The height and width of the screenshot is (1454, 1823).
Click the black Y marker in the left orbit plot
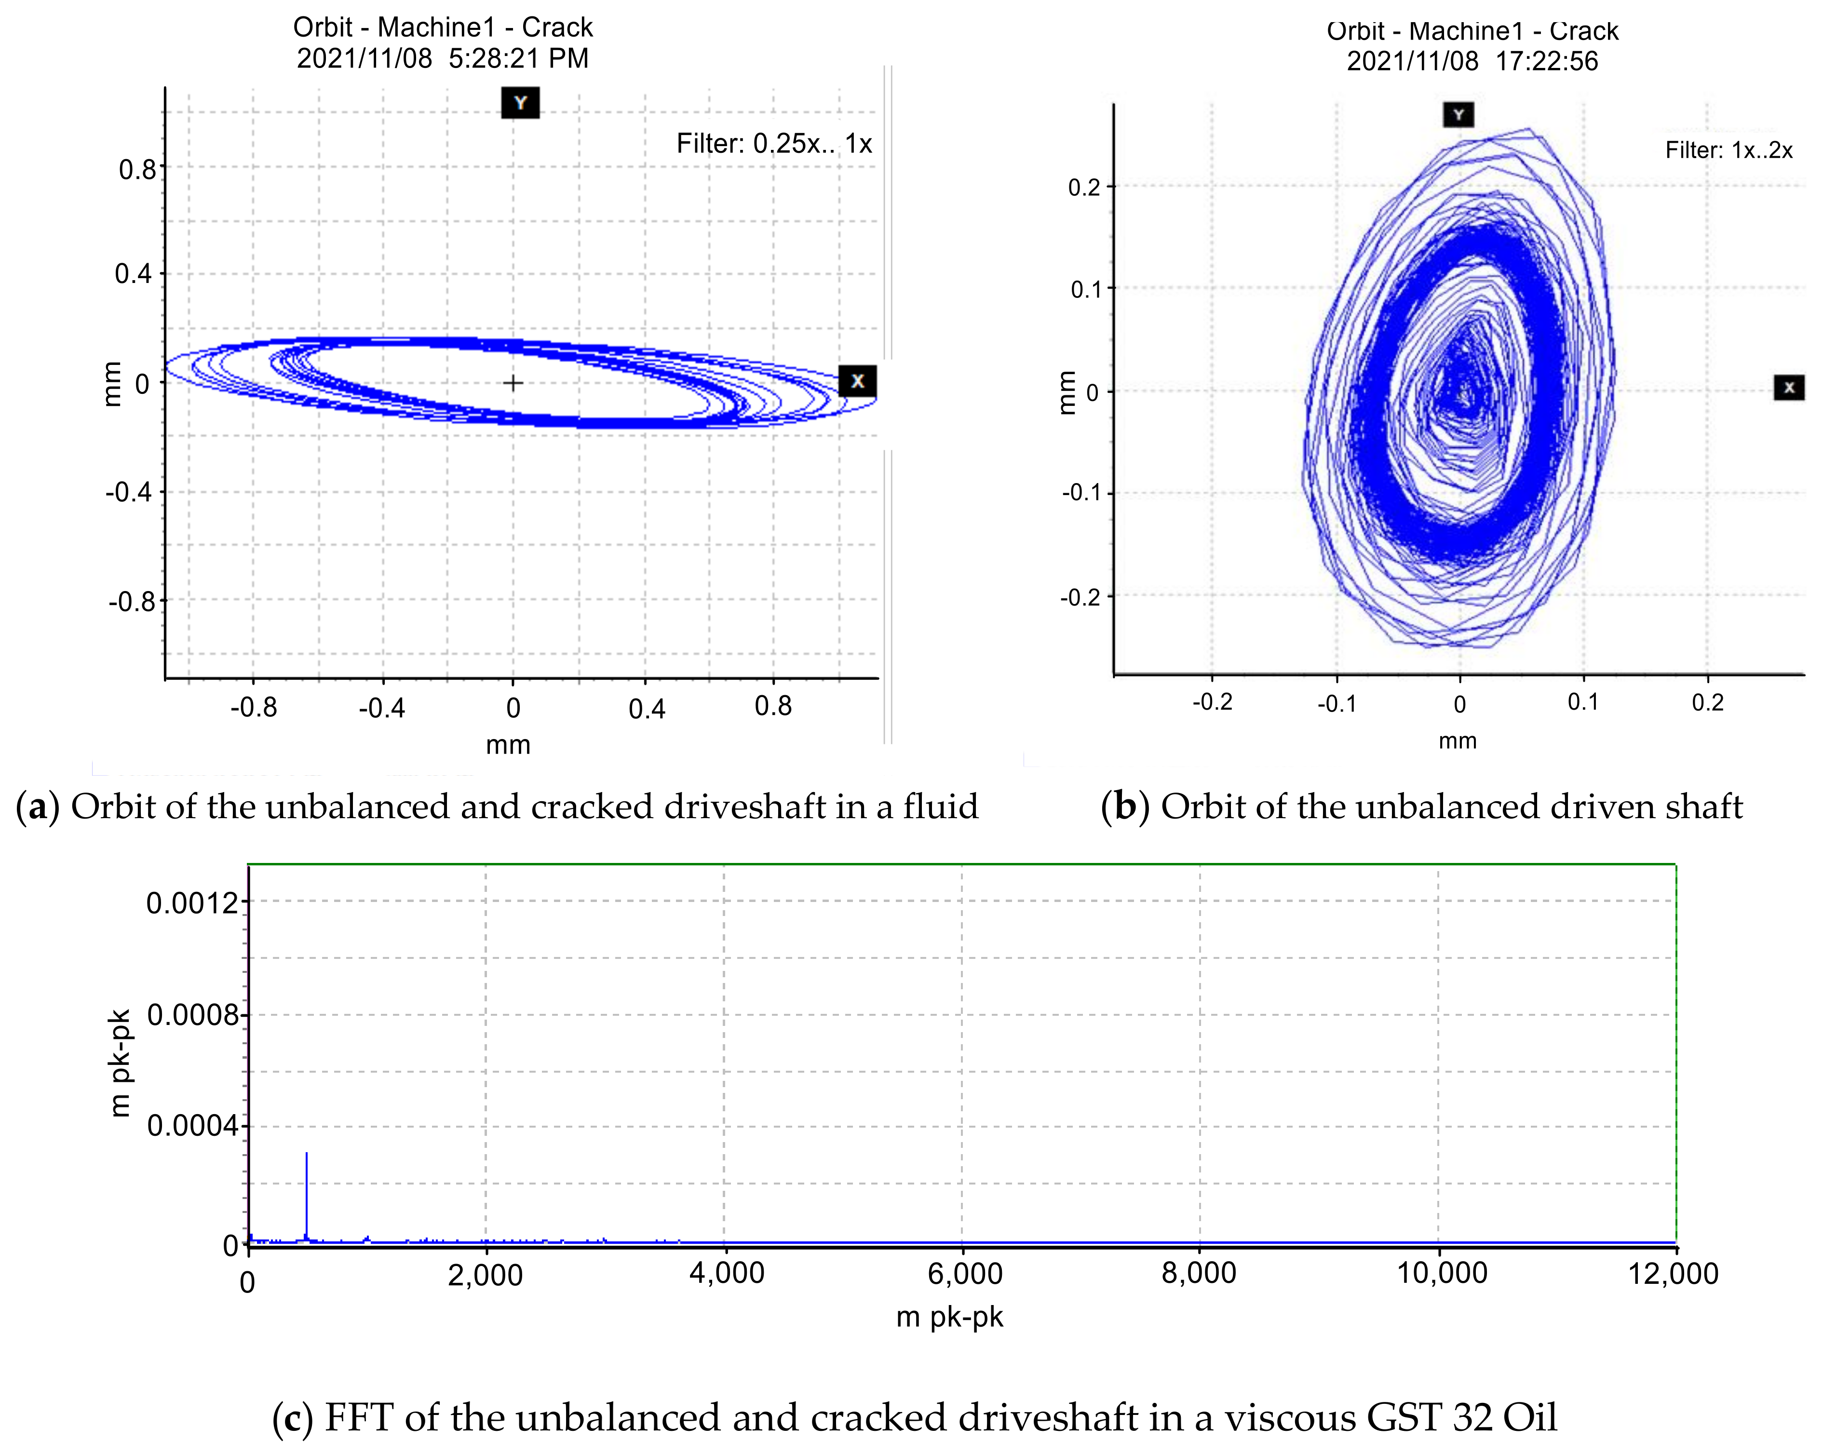[520, 103]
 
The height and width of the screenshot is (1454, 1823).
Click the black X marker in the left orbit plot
[857, 381]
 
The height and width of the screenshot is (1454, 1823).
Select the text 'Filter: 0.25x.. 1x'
[774, 144]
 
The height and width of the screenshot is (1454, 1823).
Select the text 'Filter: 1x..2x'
[1728, 150]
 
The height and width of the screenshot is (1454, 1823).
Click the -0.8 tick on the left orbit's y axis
[133, 602]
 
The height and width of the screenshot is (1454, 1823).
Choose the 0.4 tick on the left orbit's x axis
[647, 708]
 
